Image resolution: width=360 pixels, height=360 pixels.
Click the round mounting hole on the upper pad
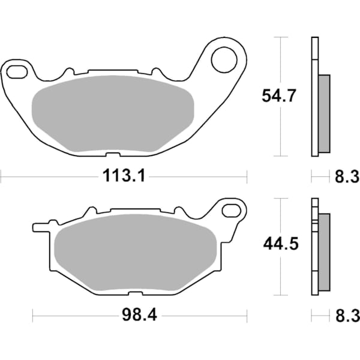pos(224,59)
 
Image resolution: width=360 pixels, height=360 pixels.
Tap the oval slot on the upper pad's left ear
pos(17,73)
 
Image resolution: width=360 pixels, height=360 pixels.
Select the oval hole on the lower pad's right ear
pos(232,211)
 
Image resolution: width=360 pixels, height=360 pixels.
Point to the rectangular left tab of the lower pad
pos(39,228)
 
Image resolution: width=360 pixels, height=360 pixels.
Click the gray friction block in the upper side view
pos(324,113)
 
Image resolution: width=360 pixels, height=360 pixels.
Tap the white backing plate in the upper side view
pos(314,96)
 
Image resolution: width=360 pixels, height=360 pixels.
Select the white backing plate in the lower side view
pos(314,246)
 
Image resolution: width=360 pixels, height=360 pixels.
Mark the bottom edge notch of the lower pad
pos(136,293)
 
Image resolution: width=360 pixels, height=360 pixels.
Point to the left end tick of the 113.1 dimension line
pos(2,176)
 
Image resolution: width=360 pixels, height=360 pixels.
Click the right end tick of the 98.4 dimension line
pos(247,315)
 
